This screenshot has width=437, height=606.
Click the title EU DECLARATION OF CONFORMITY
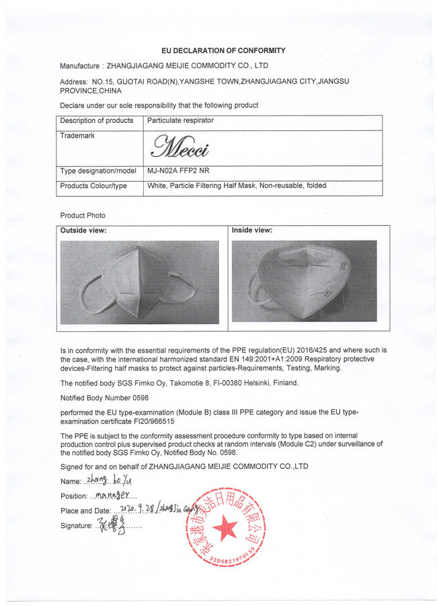click(x=224, y=50)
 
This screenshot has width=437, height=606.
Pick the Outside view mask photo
click(x=140, y=282)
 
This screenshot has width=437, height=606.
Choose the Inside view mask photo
click(x=303, y=281)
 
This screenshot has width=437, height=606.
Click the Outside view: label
click(x=83, y=230)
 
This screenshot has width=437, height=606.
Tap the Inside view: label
click(x=252, y=230)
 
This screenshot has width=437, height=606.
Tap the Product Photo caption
click(x=83, y=215)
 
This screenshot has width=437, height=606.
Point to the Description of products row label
click(x=96, y=120)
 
